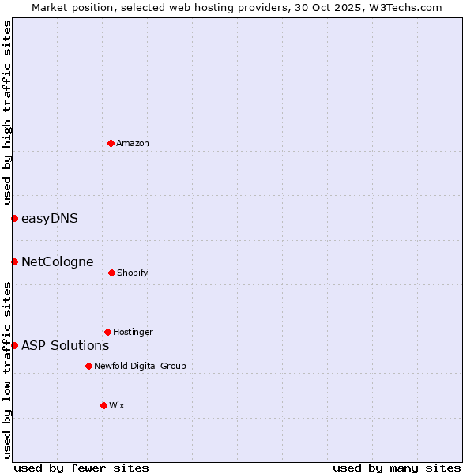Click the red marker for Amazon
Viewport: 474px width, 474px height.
111,143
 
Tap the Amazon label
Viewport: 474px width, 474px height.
132,143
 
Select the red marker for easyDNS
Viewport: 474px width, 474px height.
14,218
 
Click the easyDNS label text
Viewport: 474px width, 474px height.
49,218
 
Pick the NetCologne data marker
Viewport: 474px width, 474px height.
14,261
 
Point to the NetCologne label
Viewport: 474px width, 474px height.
57,261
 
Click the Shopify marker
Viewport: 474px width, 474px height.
111,273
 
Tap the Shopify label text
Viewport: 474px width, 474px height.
132,273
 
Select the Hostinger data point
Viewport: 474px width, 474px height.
107,332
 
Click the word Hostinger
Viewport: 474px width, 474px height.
133,332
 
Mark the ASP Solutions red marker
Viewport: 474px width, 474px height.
14,345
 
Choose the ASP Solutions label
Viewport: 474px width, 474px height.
65,345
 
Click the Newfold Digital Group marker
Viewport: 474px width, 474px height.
88,366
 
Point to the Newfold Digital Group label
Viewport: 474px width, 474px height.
140,366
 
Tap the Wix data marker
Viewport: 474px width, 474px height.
103,405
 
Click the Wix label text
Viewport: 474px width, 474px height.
116,405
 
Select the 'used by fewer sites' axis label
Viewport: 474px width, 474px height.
81,468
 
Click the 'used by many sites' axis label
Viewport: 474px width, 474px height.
397,468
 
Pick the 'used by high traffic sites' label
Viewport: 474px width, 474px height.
7,112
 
